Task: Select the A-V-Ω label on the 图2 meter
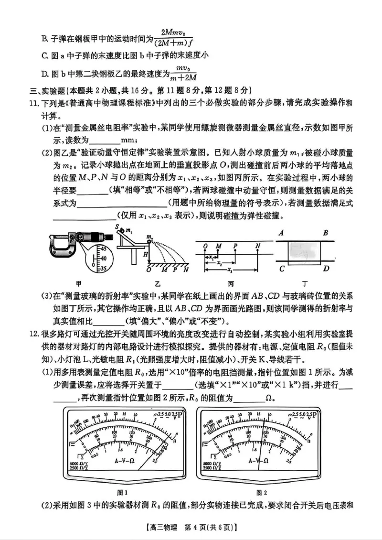258,461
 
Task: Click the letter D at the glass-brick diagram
326,269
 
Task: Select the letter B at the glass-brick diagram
325,233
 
